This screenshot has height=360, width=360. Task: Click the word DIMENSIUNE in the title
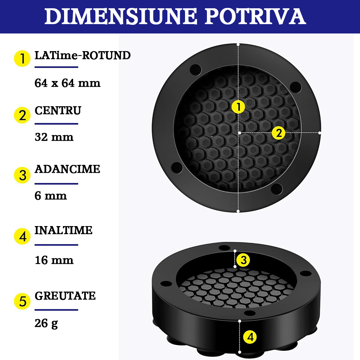point(121,16)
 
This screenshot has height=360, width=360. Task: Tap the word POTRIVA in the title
point(255,16)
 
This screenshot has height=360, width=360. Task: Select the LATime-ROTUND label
point(83,55)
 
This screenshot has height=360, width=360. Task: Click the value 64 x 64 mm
point(68,83)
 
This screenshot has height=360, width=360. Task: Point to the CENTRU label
point(58,111)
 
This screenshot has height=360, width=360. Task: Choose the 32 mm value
point(54,137)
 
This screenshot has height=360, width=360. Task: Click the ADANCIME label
point(67,169)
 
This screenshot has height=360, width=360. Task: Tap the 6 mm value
point(51,196)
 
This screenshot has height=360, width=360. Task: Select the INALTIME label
point(63,230)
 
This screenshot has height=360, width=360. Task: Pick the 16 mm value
point(54,260)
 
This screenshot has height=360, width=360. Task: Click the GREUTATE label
point(65,296)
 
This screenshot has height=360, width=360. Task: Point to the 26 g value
point(46,324)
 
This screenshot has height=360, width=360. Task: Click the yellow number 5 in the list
point(22,301)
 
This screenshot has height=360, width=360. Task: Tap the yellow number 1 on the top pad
point(238,107)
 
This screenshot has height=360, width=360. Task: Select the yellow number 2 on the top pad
point(279,133)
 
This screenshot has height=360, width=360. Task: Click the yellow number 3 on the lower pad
point(243,260)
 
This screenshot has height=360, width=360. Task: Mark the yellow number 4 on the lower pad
point(250,337)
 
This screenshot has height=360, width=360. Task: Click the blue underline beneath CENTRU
point(57,124)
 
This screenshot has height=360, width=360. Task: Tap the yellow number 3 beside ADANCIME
point(22,175)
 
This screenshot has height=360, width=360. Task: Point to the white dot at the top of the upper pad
point(238,45)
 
